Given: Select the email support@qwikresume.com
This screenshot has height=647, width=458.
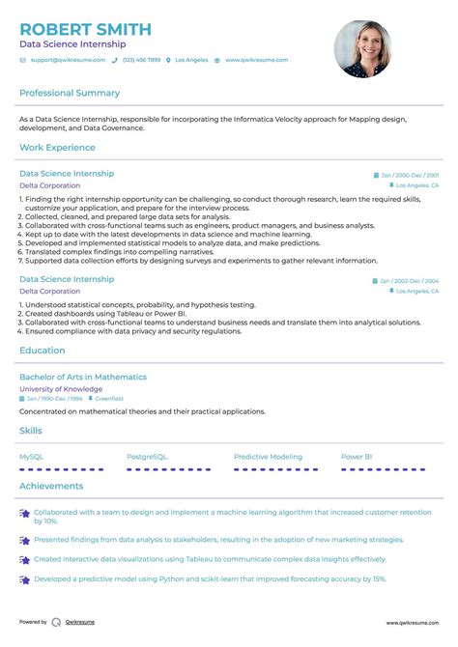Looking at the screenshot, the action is (x=65, y=60).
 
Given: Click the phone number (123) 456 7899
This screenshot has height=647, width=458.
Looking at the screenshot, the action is (x=141, y=60).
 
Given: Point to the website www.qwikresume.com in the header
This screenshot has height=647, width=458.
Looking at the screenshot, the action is (x=256, y=60).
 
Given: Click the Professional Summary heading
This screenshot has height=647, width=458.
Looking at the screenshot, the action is (x=70, y=94).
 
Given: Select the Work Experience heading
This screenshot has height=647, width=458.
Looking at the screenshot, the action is (x=57, y=148).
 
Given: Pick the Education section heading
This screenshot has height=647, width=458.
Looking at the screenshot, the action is (x=43, y=351).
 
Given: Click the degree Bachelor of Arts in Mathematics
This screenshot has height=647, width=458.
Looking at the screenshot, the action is (x=83, y=377).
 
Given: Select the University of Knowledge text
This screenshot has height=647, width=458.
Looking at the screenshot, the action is (x=60, y=388).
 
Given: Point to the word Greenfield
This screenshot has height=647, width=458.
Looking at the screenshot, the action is (x=109, y=398).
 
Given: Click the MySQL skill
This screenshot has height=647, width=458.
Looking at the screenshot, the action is (x=31, y=456).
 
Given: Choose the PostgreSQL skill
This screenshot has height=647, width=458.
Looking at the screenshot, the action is (x=147, y=456).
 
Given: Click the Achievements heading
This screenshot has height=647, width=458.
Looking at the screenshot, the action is (x=51, y=486).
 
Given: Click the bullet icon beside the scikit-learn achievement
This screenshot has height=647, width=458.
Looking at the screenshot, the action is (x=24, y=579).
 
